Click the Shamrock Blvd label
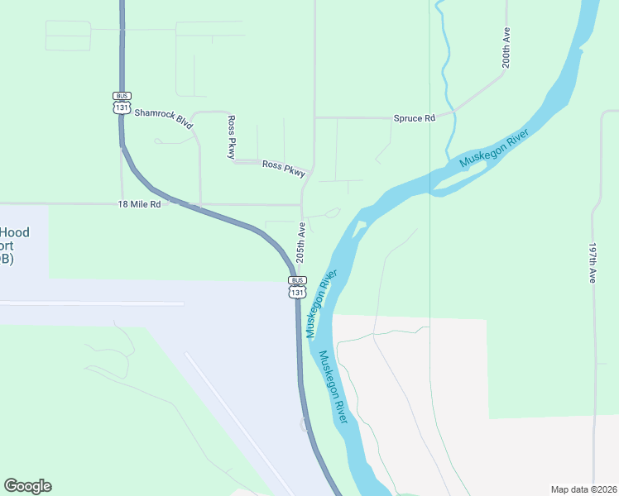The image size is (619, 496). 164,119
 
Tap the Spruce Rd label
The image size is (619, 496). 414,118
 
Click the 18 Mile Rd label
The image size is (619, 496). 139,204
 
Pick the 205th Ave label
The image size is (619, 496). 301,242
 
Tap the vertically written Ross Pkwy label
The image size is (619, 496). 232,137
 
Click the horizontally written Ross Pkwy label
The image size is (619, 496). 284,168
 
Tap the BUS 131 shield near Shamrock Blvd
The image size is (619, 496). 122,102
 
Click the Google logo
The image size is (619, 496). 27,486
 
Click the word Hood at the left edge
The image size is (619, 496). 15,232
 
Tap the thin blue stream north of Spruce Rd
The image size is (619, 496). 444,66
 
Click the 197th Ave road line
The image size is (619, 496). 593,347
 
